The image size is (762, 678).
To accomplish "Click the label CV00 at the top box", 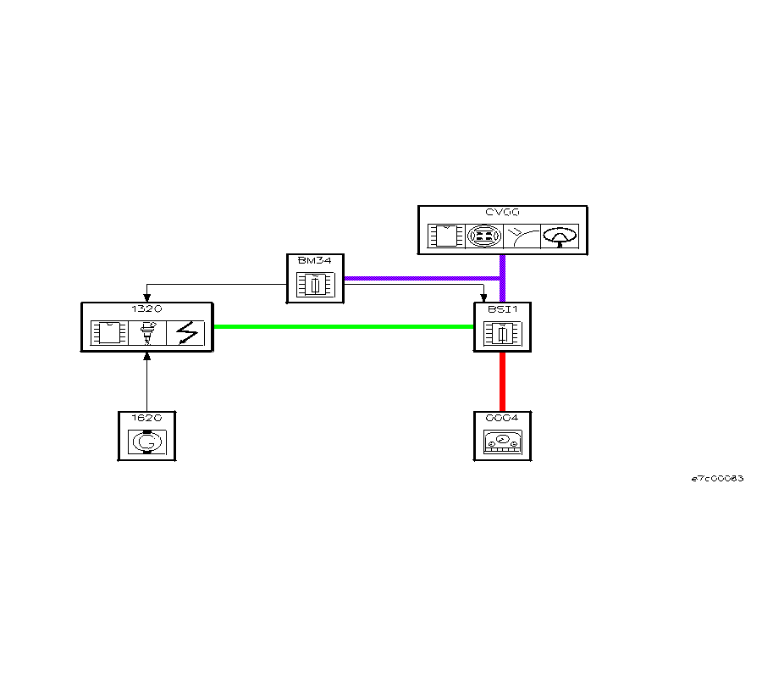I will pos(503,213).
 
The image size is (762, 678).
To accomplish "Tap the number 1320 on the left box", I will pos(146,309).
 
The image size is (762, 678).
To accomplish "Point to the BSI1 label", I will pos(502,309).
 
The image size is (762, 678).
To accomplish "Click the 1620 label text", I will pos(146,418).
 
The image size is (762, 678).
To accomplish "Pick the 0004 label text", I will pos(502,418).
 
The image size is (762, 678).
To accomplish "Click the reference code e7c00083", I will pos(717,479).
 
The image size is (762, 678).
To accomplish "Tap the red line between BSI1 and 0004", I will pos(502,381).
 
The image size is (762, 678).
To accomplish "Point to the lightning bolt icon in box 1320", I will pos(186,333).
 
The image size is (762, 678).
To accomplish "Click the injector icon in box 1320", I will pos(147,333).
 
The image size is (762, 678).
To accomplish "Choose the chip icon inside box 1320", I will pos(108,333).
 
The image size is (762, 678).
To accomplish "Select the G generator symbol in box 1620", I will pos(146,442).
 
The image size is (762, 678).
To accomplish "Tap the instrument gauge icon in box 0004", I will pos(502,442).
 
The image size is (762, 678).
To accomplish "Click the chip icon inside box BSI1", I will pos(502,334).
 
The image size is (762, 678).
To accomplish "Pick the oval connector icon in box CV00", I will pos(483,236).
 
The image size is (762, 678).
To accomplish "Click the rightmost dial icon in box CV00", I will pos(560,236).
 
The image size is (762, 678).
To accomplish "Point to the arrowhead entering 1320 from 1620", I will pos(147,355).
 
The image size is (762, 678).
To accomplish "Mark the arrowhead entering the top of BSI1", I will pos(483,297).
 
